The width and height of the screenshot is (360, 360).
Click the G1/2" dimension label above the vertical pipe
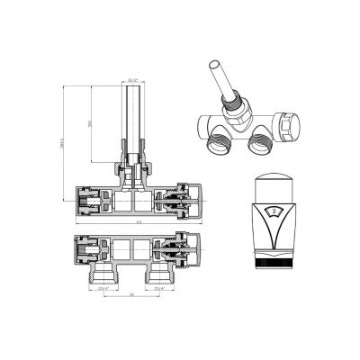[132, 80]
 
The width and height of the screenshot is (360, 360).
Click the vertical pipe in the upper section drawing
[131, 117]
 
